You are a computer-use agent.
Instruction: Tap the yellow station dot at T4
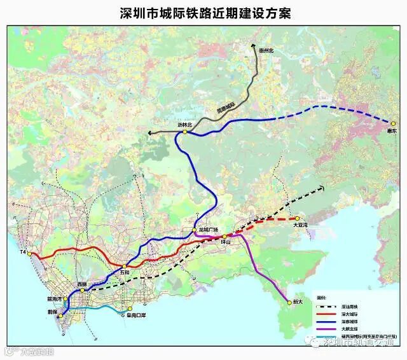(29, 253)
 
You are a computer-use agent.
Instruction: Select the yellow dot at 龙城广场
(195, 229)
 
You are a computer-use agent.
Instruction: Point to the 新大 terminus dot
(289, 303)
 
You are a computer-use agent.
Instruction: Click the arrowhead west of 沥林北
(150, 132)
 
